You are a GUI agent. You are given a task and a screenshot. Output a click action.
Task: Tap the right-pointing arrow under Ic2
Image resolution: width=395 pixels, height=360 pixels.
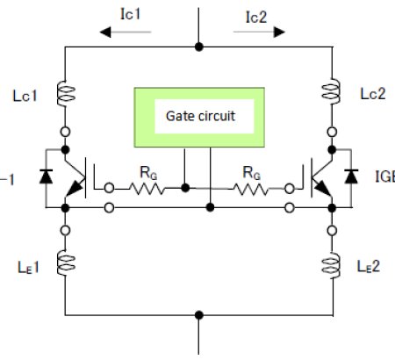pos(260,32)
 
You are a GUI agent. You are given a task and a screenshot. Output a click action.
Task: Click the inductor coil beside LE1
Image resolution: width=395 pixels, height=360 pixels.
pos(67,261)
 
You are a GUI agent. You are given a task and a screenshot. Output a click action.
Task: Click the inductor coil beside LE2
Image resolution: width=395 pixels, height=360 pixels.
pos(333,261)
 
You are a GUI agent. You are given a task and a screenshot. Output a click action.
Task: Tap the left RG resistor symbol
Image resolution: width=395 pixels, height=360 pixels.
pos(147,187)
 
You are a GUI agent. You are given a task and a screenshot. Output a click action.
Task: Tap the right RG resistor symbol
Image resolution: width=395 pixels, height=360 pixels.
pos(255,187)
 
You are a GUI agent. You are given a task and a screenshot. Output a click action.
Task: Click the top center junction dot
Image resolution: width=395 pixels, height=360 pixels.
pos(200,45)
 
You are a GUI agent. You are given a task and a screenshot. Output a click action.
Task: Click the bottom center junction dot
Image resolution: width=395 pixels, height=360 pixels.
pos(200,313)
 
